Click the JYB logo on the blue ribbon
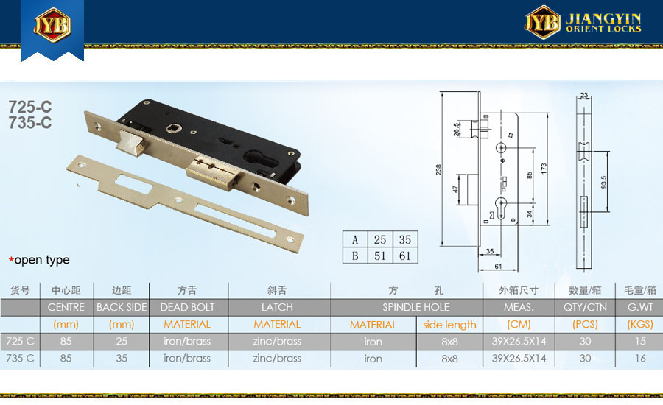pos(52,25)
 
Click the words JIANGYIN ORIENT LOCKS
pos(603,23)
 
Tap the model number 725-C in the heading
pos(30,107)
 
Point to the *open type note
pos(39,260)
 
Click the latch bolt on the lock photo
pos(132,142)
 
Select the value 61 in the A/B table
pos(405,256)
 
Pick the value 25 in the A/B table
pos(379,240)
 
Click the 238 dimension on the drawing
pos(438,169)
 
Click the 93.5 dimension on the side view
pos(603,182)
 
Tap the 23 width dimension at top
pos(584,95)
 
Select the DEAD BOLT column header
pos(187,307)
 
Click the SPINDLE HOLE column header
pos(415,307)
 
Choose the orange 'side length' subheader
pos(449,325)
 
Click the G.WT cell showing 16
pos(640,359)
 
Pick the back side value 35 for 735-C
pos(122,359)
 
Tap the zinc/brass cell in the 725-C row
pos(277,341)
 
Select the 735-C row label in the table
pos(21,359)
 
